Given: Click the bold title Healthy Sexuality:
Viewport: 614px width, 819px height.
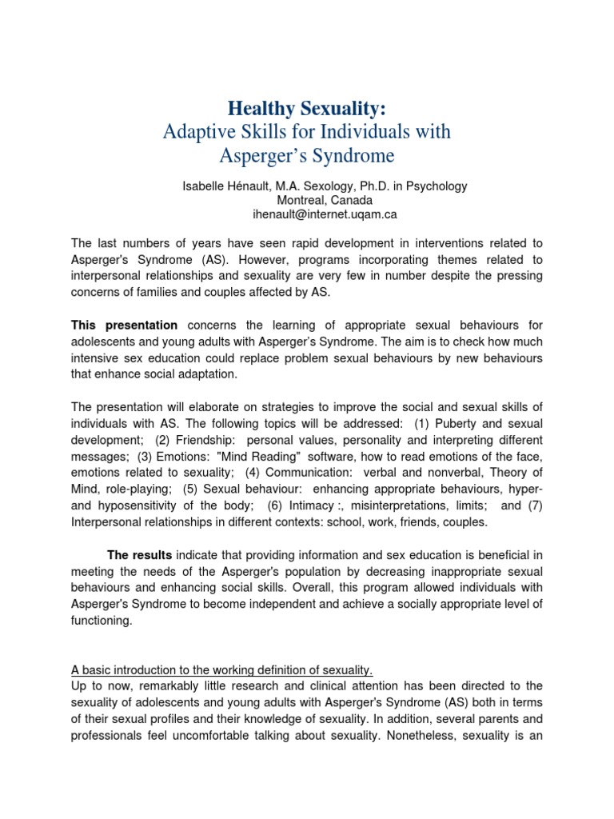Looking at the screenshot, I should coord(307,107).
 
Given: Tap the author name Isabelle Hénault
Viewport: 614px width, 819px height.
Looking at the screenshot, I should coord(223,186).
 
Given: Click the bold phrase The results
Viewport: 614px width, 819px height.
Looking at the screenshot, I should coord(140,555).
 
